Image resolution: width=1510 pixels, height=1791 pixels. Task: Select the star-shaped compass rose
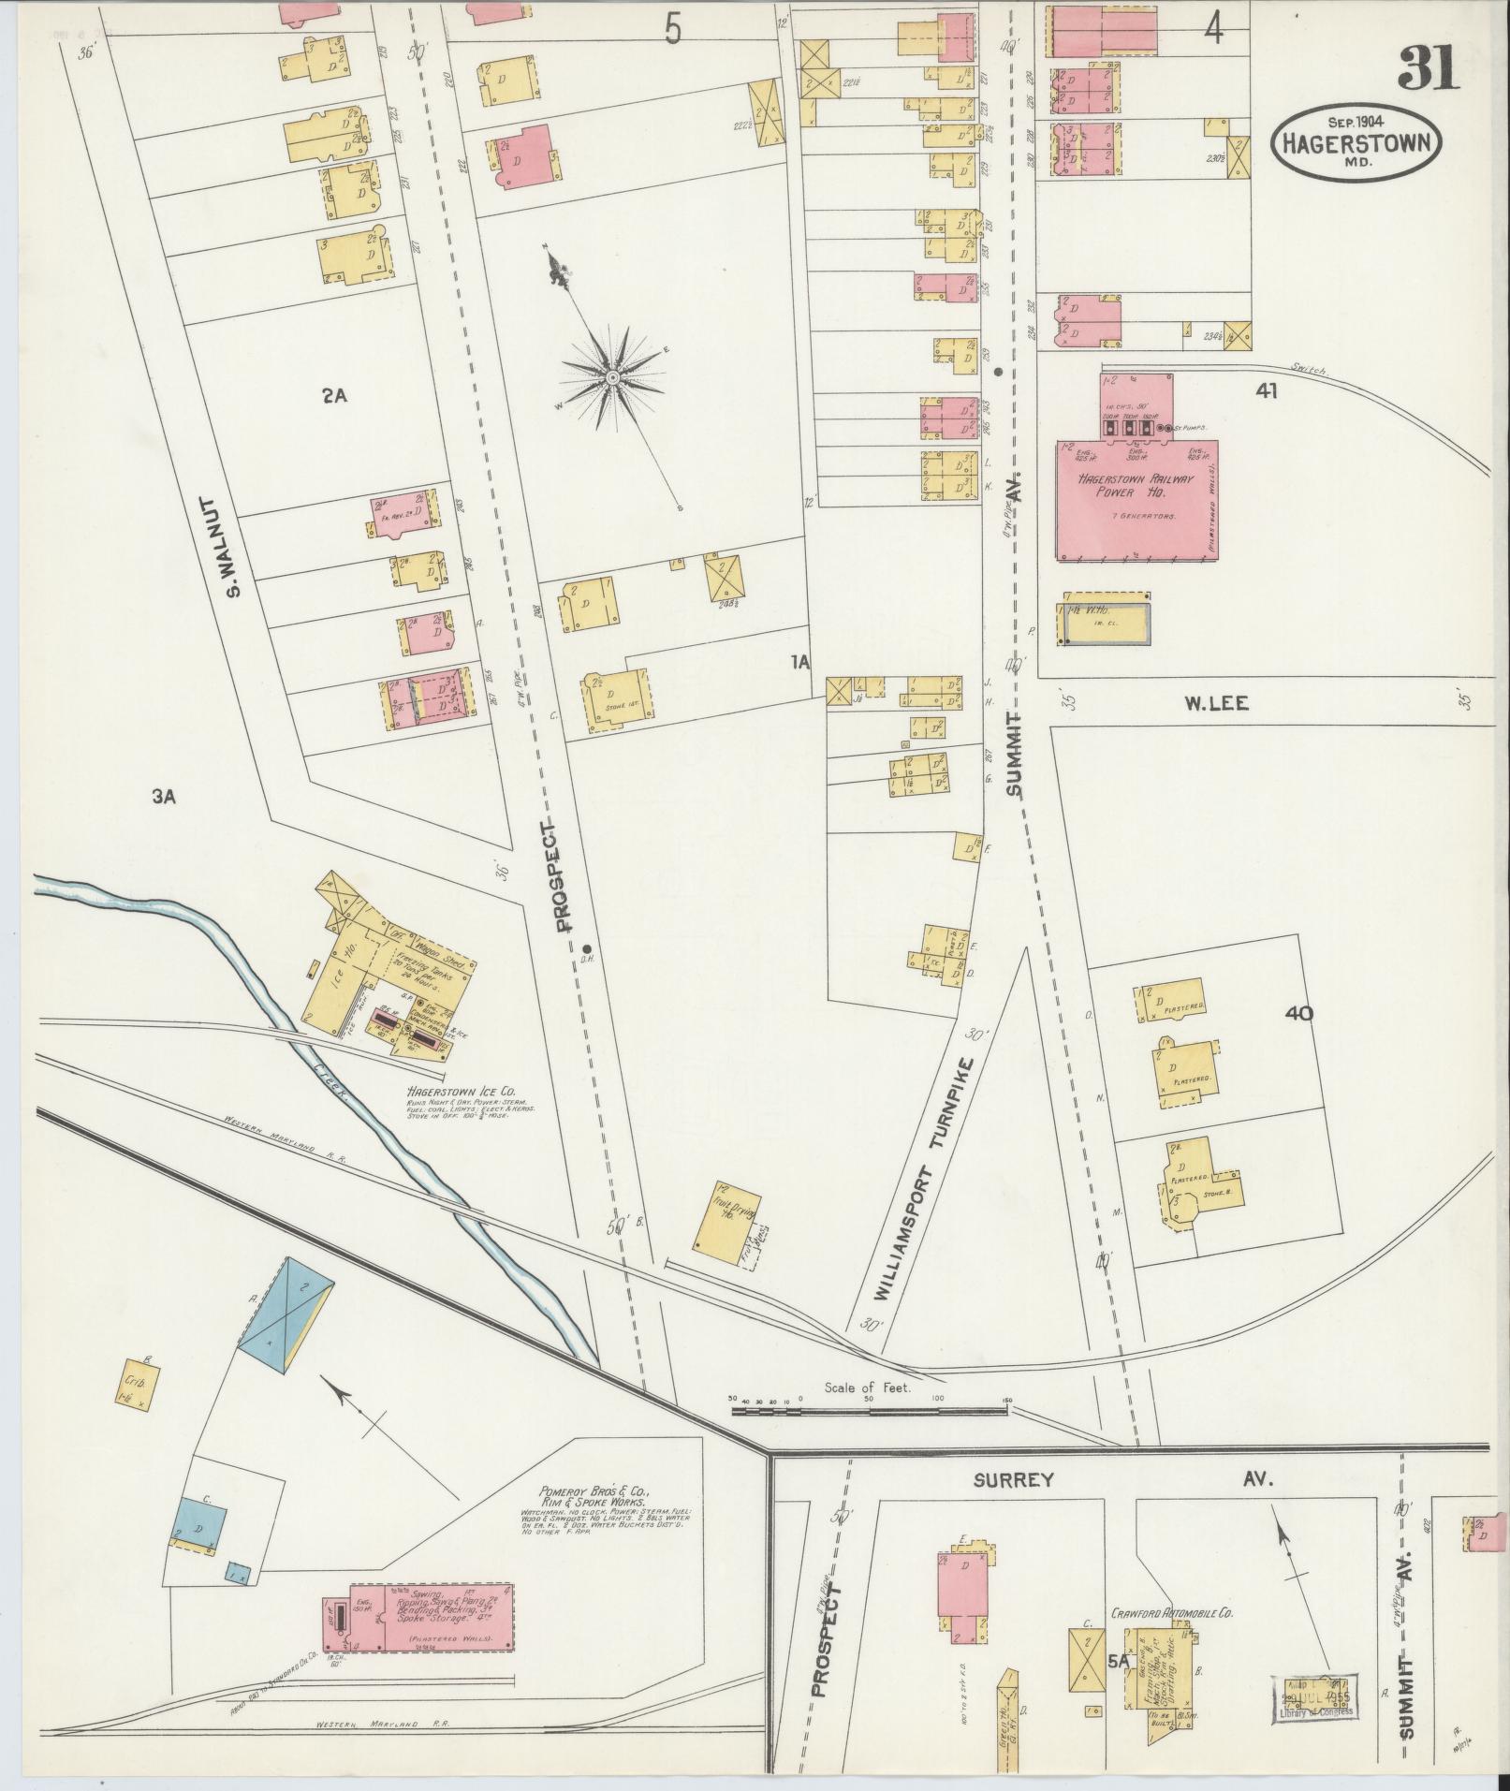coord(610,376)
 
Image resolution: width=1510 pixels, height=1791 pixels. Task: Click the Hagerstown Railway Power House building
coord(1136,499)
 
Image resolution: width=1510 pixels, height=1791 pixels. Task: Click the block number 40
coord(1298,1012)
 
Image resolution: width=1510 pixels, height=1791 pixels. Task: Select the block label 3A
coord(164,796)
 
